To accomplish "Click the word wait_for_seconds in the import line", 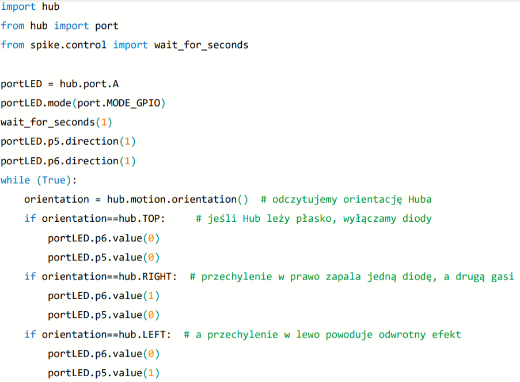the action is coord(202,45).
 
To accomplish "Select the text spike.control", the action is coord(69,45).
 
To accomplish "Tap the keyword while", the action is coord(15,180).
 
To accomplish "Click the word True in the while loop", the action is coord(54,180).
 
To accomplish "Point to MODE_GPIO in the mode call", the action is coord(134,103).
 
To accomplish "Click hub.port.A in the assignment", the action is coord(89,84).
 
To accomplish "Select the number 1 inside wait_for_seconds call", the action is coord(104,122).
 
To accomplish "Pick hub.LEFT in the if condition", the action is coord(142,334).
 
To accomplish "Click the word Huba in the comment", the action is coord(420,199).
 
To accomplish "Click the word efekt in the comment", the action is coord(446,335).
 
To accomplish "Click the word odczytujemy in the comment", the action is coord(305,200).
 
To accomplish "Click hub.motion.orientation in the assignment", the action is coord(172,199).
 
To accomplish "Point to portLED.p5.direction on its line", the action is coord(60,141).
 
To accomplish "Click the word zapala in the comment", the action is coord(343,277).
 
